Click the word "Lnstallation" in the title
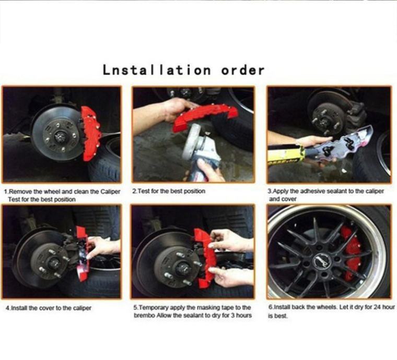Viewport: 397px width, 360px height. (157, 70)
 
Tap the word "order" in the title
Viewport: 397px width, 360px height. (243, 70)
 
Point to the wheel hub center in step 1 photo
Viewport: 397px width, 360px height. (60, 137)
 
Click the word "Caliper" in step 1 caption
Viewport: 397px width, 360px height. (110, 191)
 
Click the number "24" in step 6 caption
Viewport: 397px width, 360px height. (377, 307)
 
